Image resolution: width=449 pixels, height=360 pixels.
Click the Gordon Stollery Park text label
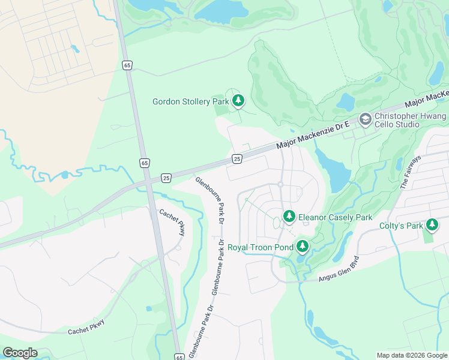tap(191, 101)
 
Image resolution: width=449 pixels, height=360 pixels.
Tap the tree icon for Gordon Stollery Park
tap(239, 100)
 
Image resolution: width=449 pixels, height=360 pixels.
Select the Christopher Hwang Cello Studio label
tap(411, 120)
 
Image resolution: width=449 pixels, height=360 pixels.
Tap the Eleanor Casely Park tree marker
tap(289, 216)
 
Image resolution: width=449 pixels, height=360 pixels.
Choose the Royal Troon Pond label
tap(260, 247)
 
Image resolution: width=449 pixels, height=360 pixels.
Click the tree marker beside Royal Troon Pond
tap(303, 245)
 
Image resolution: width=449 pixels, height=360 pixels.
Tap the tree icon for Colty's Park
tap(432, 225)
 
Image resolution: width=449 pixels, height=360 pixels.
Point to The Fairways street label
tap(411, 172)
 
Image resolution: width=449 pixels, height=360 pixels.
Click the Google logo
tap(20, 353)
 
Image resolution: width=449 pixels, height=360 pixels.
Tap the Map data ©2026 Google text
tap(411, 355)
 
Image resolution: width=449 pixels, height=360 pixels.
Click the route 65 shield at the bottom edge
tap(179, 356)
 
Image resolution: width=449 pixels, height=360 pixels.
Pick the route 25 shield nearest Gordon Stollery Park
tap(237, 158)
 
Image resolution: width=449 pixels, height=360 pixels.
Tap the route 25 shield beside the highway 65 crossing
tap(166, 178)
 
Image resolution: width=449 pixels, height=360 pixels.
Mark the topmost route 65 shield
tap(127, 65)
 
